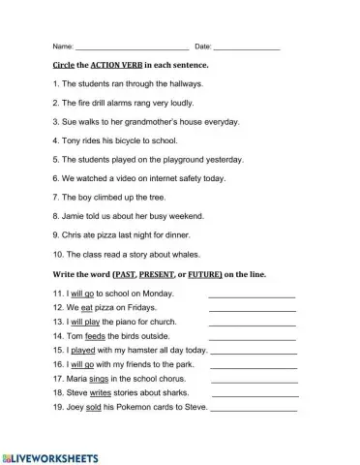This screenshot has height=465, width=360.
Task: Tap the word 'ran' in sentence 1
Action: coord(111,84)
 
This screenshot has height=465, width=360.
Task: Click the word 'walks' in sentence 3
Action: coord(88,122)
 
